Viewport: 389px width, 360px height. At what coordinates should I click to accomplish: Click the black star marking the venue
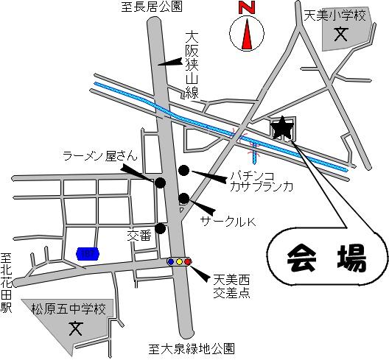[282, 129]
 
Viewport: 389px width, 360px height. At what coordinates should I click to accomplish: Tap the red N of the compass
[246, 9]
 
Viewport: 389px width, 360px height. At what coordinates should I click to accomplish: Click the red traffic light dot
[188, 261]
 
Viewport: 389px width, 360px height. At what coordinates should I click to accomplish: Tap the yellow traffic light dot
[180, 261]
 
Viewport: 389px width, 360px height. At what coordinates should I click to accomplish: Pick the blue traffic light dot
[172, 261]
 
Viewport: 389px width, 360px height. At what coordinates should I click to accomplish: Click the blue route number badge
[87, 253]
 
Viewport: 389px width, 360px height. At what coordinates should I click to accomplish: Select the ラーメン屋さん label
[99, 156]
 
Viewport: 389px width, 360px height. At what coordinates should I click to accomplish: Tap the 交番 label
[139, 236]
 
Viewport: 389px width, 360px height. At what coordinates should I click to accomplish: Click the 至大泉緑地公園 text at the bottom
[192, 348]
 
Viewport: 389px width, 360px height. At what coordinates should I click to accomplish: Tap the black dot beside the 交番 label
[160, 227]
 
